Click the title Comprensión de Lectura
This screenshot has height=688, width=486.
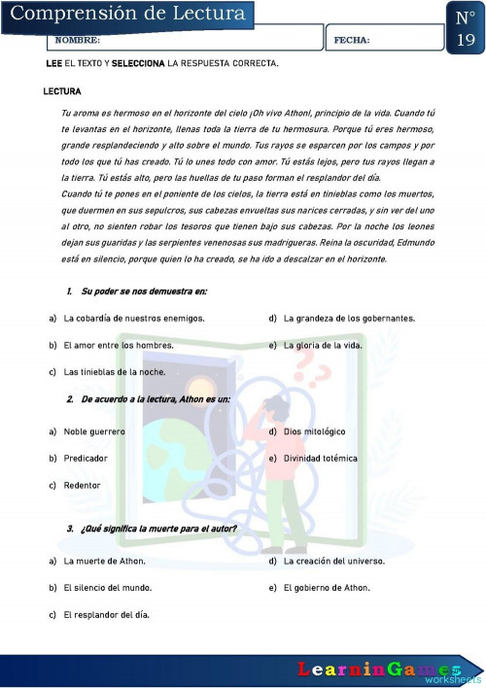coord(128,14)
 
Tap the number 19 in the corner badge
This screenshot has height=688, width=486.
coord(466,40)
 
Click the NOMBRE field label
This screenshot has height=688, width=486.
coord(77,41)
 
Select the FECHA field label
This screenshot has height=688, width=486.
coord(351,41)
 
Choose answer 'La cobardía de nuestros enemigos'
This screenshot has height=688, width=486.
coord(133,318)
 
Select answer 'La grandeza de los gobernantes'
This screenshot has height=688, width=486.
coord(349,318)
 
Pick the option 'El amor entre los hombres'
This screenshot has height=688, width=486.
coord(119,345)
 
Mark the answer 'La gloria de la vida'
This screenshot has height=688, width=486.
coord(323,345)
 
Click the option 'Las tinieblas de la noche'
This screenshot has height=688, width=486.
coord(115,372)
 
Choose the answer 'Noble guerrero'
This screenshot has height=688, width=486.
coord(94,431)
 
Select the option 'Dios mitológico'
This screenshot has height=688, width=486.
coord(314,431)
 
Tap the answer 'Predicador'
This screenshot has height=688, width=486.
coord(86,458)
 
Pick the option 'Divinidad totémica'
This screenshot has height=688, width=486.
coord(320,458)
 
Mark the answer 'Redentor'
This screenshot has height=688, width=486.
coord(82,485)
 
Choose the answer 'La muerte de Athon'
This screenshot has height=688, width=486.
coord(104,561)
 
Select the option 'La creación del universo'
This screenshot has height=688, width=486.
coord(333,561)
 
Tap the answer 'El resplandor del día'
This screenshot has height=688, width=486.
coord(106,614)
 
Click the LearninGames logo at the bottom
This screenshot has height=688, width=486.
coord(379,670)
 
